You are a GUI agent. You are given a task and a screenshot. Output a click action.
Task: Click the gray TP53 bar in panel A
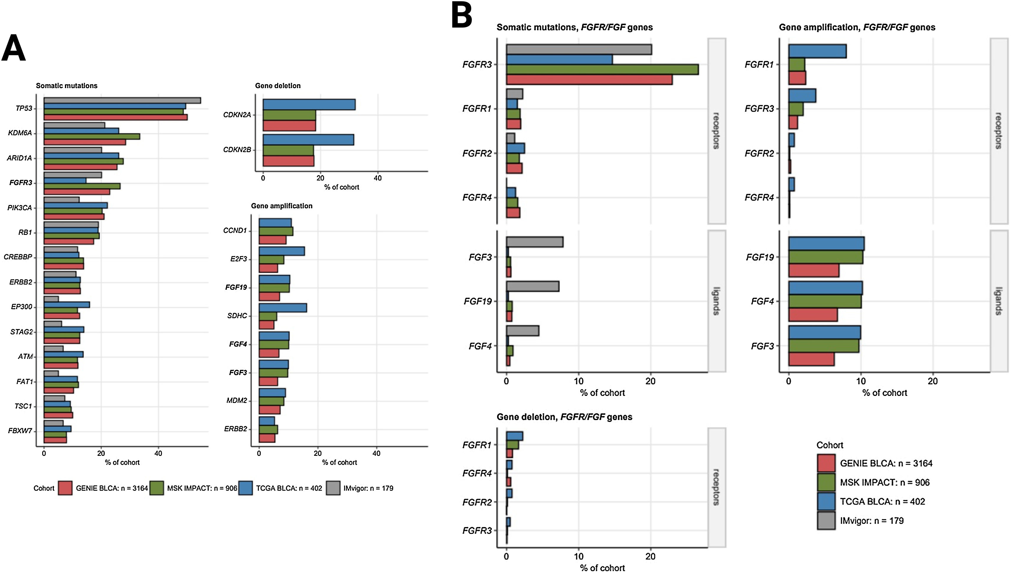pyautogui.click(x=122, y=100)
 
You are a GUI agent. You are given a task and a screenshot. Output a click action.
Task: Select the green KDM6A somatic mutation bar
pyautogui.click(x=92, y=136)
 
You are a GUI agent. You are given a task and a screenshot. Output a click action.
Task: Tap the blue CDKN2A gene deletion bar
pyautogui.click(x=309, y=105)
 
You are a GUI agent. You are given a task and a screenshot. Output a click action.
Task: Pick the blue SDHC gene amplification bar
pyautogui.click(x=282, y=308)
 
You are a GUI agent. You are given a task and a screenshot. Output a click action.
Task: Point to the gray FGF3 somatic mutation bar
pyautogui.click(x=535, y=242)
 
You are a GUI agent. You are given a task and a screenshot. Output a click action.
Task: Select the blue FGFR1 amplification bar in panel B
pyautogui.click(x=817, y=51)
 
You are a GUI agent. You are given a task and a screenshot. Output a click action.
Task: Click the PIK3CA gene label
pyautogui.click(x=20, y=208)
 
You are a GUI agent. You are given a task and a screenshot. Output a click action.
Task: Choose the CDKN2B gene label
pyautogui.click(x=237, y=150)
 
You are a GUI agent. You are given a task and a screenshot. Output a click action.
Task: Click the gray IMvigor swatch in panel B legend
pyautogui.click(x=826, y=521)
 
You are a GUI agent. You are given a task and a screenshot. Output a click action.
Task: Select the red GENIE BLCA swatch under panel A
pyautogui.click(x=65, y=488)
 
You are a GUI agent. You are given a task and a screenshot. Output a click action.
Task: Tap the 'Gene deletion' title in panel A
pyautogui.click(x=278, y=86)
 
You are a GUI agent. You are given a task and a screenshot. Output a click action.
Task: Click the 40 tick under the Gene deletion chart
pyautogui.click(x=377, y=178)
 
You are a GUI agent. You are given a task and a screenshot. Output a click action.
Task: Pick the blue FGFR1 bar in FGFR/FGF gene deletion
pyautogui.click(x=515, y=436)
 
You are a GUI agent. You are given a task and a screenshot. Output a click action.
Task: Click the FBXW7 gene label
pyautogui.click(x=20, y=430)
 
